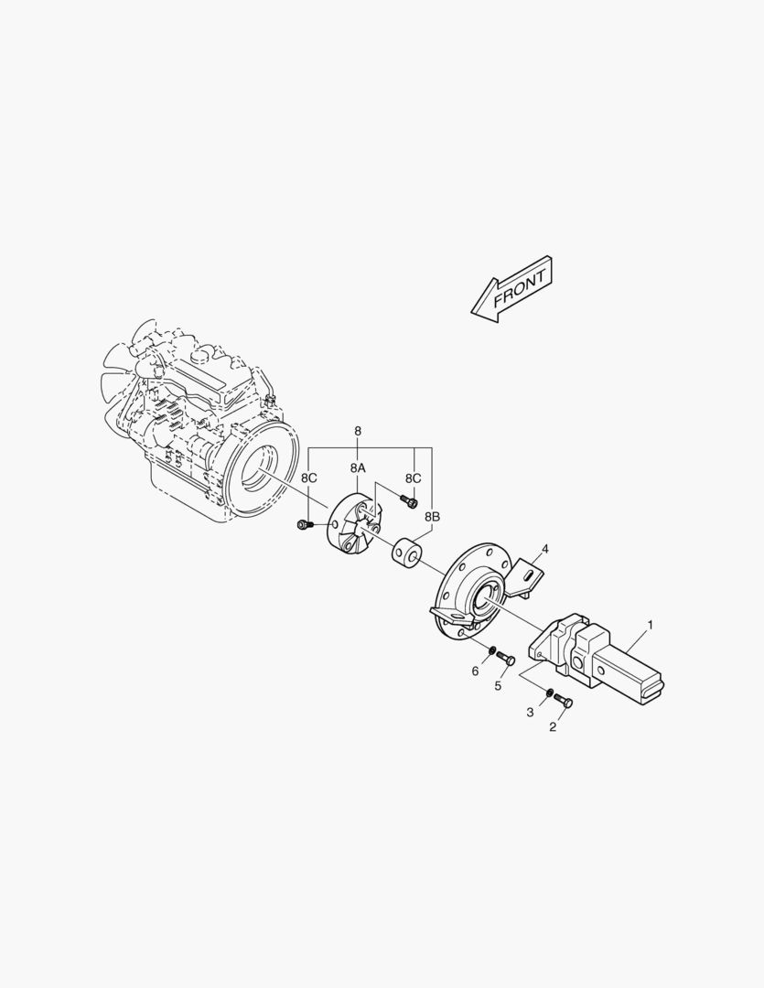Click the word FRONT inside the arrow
[x=520, y=287]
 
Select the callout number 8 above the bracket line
[x=358, y=431]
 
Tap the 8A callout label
[x=358, y=467]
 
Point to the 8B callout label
[x=432, y=517]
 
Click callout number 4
[x=544, y=549]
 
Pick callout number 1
[x=650, y=625]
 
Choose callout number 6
[x=475, y=671]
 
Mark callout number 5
[x=499, y=685]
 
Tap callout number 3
[x=529, y=712]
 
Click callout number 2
[x=553, y=727]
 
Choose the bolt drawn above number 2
[x=564, y=702]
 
